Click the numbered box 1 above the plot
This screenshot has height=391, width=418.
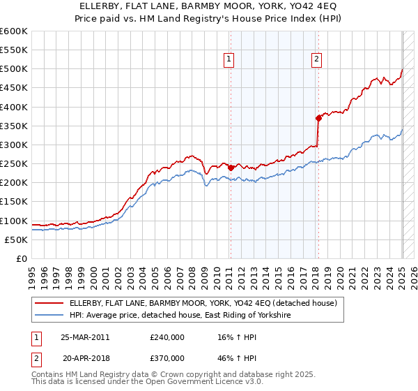click(229, 60)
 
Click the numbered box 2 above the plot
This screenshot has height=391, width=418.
click(316, 60)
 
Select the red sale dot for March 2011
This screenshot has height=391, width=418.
click(231, 168)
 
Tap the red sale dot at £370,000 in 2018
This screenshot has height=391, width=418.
click(318, 118)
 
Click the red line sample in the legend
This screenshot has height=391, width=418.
click(50, 303)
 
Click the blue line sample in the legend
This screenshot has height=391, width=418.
click(50, 316)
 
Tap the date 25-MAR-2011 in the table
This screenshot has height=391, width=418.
click(85, 337)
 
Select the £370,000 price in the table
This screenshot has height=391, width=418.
click(167, 357)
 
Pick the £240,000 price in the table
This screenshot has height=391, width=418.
click(167, 337)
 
